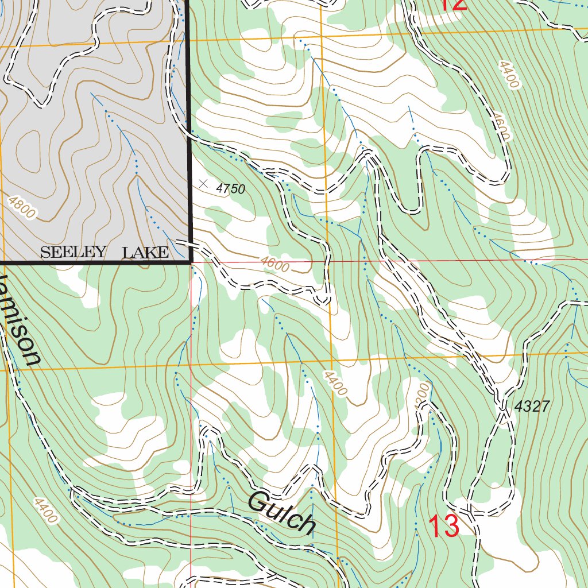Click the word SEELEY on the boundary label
point(73,252)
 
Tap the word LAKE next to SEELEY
point(145,252)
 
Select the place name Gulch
point(282,512)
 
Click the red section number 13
point(444,527)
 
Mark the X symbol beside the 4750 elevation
point(203,184)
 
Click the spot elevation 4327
point(532,407)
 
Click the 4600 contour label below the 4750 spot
point(274,264)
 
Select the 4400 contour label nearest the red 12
point(509,75)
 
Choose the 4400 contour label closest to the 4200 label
point(335,383)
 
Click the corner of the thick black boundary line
point(190,262)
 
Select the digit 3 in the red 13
point(451,527)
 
